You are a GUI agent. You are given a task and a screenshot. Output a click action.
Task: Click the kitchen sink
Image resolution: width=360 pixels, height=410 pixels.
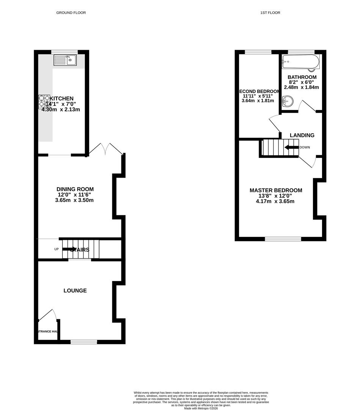[x=65, y=60]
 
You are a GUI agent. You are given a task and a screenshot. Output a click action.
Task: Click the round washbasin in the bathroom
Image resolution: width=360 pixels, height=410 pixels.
[x=288, y=101]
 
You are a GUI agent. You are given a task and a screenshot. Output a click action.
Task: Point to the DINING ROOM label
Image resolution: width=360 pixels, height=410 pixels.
[x=75, y=189]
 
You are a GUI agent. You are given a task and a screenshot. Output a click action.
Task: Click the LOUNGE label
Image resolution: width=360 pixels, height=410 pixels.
[x=75, y=290]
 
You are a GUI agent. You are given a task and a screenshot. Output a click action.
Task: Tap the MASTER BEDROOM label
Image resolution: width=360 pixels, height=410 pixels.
[x=276, y=190]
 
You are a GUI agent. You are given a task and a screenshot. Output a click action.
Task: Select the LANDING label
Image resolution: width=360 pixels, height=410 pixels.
[x=302, y=135]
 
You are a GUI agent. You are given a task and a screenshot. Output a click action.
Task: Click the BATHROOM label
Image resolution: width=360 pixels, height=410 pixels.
[x=302, y=77]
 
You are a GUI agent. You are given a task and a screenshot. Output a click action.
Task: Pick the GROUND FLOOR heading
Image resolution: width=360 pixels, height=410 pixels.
[x=71, y=13]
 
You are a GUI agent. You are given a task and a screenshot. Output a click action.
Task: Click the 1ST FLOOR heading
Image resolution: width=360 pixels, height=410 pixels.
[x=270, y=13]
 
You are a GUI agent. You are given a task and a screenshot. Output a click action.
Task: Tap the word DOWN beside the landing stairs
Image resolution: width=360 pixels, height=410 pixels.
[x=305, y=147]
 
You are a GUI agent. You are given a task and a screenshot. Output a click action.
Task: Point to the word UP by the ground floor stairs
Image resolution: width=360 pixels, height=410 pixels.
[x=57, y=249]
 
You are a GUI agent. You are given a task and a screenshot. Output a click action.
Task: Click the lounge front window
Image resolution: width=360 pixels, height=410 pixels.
[x=84, y=342]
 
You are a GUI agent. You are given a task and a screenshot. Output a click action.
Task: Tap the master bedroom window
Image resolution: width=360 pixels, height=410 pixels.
[x=283, y=239]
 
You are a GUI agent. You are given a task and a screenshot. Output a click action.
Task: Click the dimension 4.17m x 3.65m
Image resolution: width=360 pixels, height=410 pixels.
[x=275, y=201]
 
